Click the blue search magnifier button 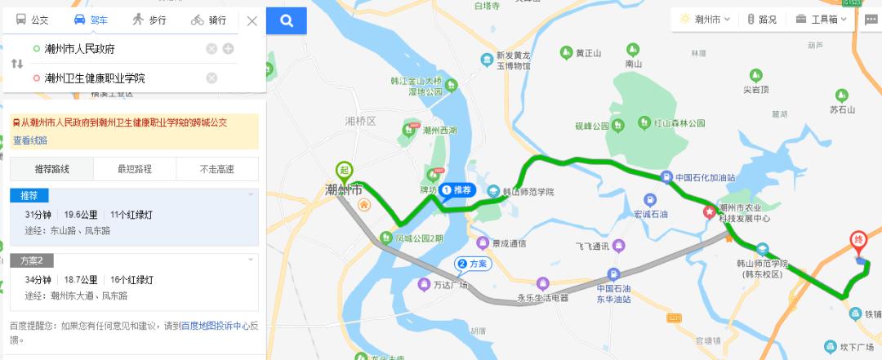tap(286, 20)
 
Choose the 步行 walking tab tap(150, 20)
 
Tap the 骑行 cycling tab tap(209, 20)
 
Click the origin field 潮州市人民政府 tap(114, 49)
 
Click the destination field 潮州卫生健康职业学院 tap(114, 78)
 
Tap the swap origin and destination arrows tap(16, 64)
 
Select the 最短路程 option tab tap(135, 169)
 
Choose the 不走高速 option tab tap(217, 169)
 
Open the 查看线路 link tap(30, 140)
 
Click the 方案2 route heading tap(32, 260)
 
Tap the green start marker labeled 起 tap(345, 171)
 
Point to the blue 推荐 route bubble tap(457, 190)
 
